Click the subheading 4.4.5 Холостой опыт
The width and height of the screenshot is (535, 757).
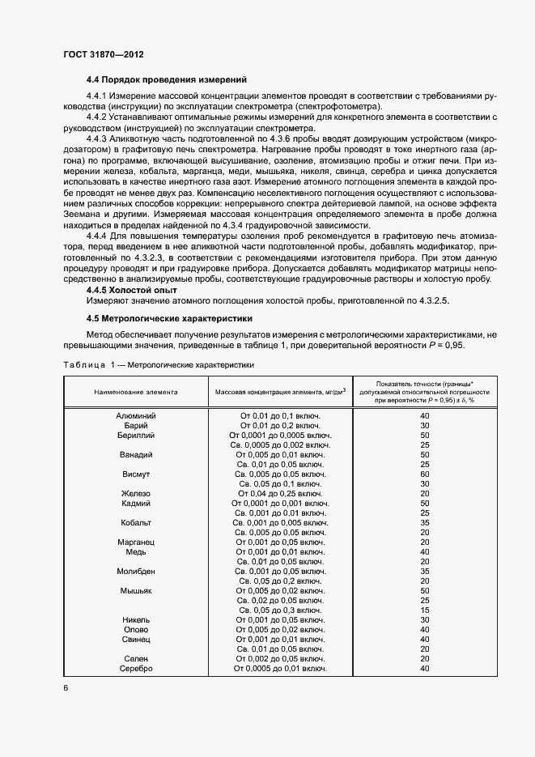pyautogui.click(x=132, y=290)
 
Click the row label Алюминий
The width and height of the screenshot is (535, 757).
pyautogui.click(x=136, y=416)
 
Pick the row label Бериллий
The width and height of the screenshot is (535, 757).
pyautogui.click(x=136, y=436)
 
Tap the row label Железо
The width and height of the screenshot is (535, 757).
pyautogui.click(x=136, y=494)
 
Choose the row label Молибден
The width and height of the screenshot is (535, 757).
pyautogui.click(x=136, y=572)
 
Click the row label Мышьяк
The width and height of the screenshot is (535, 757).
pyautogui.click(x=136, y=591)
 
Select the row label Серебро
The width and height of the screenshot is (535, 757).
pyautogui.click(x=136, y=669)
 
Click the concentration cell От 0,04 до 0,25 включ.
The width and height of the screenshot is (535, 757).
pyautogui.click(x=280, y=494)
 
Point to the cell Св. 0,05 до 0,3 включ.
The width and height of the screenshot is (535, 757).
pyautogui.click(x=280, y=610)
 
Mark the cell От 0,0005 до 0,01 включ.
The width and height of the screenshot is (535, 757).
pyautogui.click(x=280, y=669)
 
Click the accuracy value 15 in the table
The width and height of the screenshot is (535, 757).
pyautogui.click(x=425, y=610)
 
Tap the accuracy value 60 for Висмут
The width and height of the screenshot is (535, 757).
pyautogui.click(x=425, y=474)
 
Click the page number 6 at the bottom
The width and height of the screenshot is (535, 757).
pyautogui.click(x=65, y=688)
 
